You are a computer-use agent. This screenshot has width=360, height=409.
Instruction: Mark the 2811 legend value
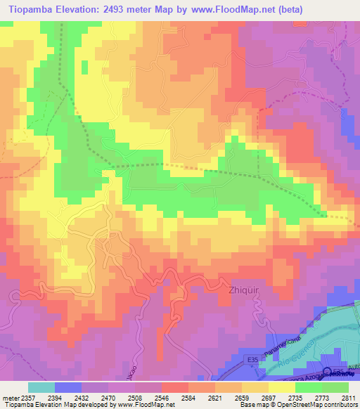(x=348, y=398)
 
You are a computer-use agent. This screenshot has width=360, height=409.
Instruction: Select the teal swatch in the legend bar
(x=41, y=387)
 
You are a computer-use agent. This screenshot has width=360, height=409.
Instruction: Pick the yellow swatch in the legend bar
(x=282, y=387)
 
